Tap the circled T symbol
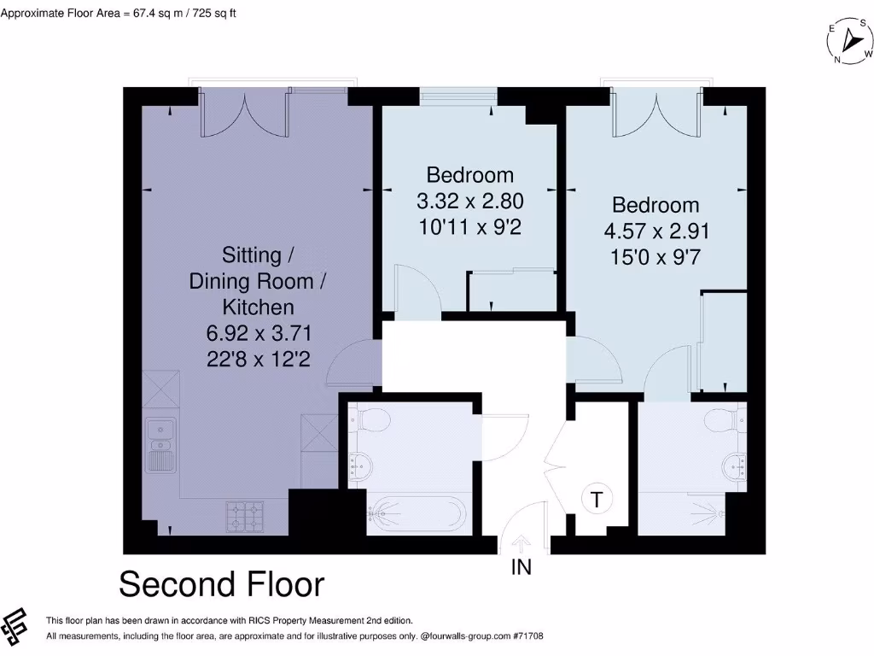(596, 499)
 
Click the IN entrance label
(521, 566)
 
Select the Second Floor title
(221, 585)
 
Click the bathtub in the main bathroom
(417, 515)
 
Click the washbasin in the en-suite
(736, 466)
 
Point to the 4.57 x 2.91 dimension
(655, 231)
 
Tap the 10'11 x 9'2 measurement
(469, 228)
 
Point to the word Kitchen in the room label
(258, 307)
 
